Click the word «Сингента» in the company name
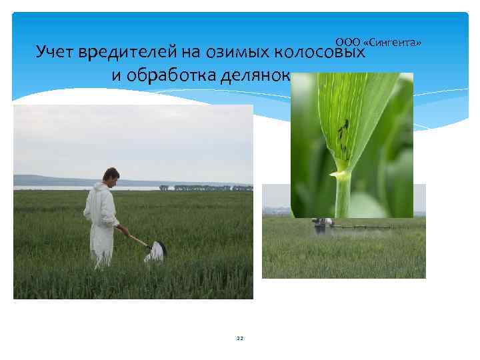coord(397,43)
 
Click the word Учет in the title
coord(57,52)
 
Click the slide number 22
coord(240,339)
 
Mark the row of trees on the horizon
coord(213,188)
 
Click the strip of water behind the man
coord(53,188)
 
